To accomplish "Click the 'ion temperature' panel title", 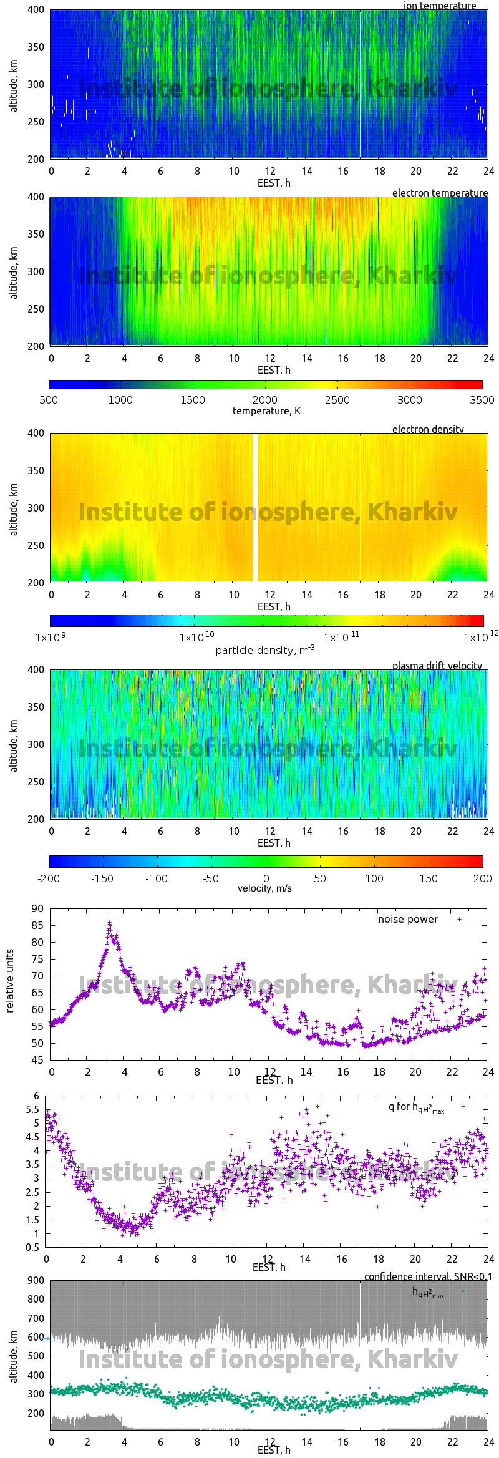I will pos(439,6).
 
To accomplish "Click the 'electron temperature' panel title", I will pos(440,193).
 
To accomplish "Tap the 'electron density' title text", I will pos(428,429).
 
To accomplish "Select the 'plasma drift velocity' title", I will pos(437,666).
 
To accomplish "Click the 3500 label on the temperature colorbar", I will pos(482,400).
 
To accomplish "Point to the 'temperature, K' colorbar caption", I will pos(266,411).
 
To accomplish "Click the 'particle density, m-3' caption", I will pos(265,650).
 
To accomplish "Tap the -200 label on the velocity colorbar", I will pos(49,878).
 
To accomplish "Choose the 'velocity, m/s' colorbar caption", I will pos(264,888).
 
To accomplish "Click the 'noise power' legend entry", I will pos(408,920).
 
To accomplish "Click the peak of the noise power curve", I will pos(109,923).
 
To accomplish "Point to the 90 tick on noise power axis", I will pos(37,909).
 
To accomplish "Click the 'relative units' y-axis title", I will pos(9,981).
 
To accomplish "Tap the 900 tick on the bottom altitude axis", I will pos(36,1281).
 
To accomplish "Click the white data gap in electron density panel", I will pos(255,507).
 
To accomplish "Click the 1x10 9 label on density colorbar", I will pos(50,638).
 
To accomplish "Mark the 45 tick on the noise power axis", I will pos(37,1060).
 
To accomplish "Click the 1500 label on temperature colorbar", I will pos(193,400).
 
